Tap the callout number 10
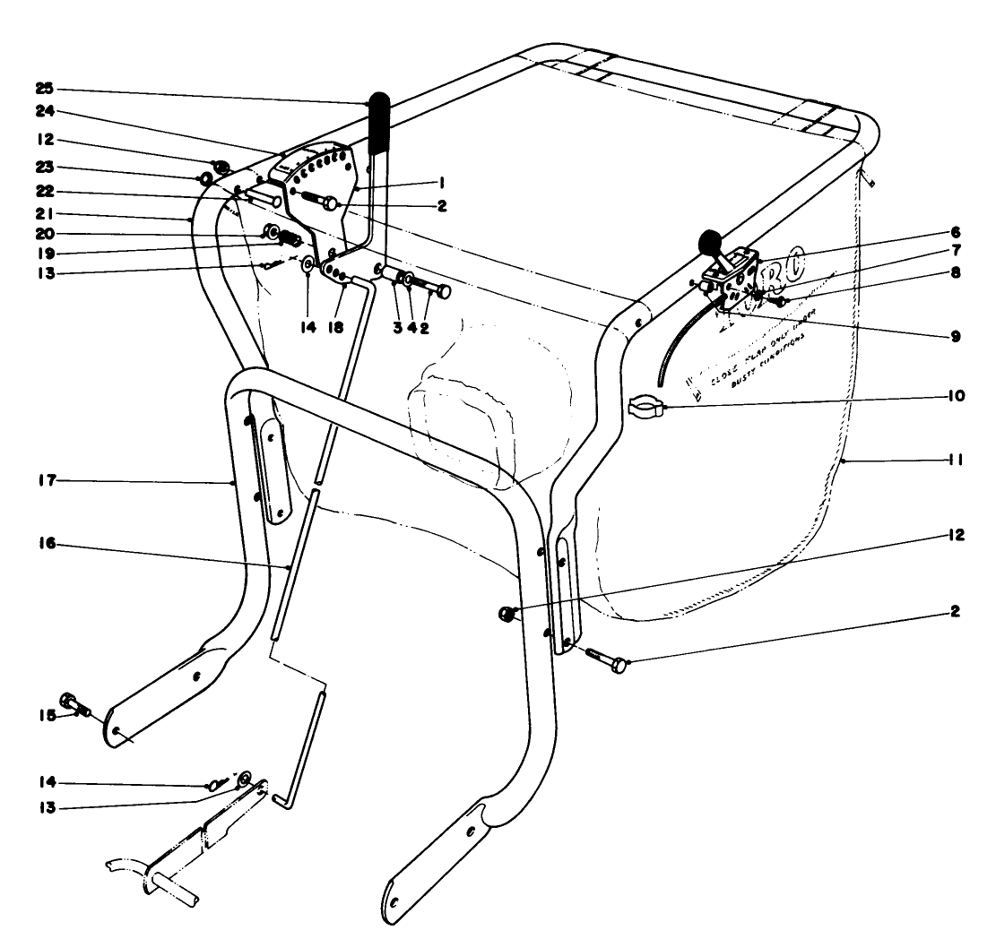[x=957, y=395]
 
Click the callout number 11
[x=957, y=460]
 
